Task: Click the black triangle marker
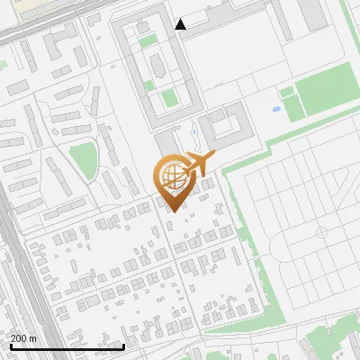point(181,24)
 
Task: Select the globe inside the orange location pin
point(171,176)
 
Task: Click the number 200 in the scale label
point(20,338)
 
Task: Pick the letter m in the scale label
point(34,338)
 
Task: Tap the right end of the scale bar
point(123,346)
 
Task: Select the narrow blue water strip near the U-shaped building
point(194,138)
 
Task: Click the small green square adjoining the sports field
point(287,93)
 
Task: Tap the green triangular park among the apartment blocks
point(83,159)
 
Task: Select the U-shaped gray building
point(226,129)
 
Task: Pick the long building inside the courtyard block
point(157,64)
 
